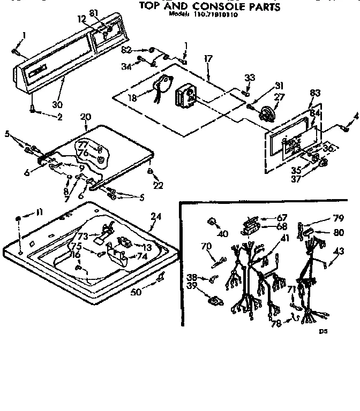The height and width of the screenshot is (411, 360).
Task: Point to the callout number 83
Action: [x=315, y=94]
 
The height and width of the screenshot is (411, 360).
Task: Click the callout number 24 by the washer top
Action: [x=155, y=216]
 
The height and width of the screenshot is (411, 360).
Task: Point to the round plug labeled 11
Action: [x=19, y=218]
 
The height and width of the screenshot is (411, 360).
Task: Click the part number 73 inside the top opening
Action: [x=97, y=237]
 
